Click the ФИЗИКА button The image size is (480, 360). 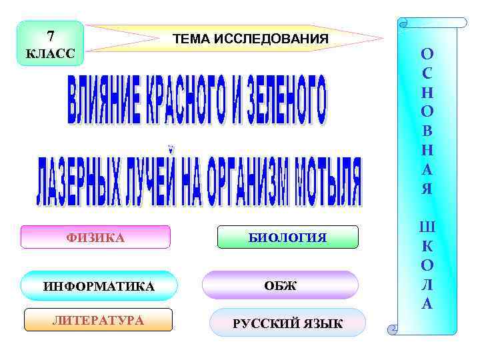(95, 237)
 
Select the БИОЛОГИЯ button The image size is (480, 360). (288, 237)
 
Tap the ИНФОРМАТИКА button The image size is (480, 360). (99, 286)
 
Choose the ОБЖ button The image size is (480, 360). (280, 285)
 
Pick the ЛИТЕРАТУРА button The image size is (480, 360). (98, 321)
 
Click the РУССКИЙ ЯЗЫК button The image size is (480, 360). (288, 324)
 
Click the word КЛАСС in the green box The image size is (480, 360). (51, 53)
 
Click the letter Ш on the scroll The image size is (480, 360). (427, 227)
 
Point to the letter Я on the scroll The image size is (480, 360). (427, 189)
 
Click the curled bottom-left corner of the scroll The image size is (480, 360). (394, 327)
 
